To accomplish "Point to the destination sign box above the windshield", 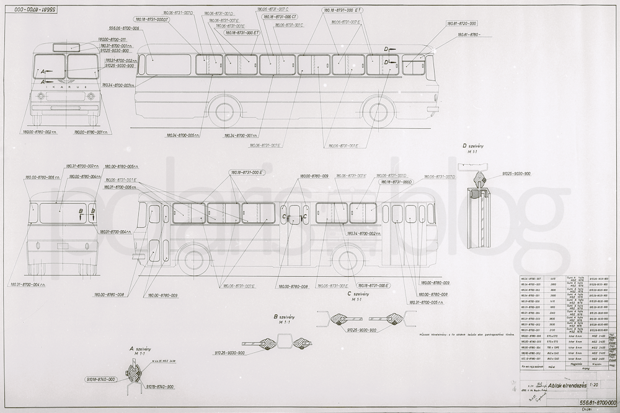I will (66, 46).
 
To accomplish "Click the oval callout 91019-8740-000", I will (99, 378).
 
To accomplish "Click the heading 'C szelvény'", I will (358, 295).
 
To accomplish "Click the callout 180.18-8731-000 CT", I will (280, 17).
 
